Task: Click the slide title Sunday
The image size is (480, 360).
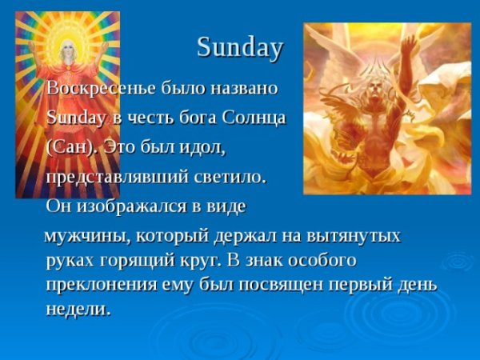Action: click(239, 48)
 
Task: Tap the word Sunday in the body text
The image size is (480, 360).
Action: click(74, 118)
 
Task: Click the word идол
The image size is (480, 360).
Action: click(203, 148)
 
